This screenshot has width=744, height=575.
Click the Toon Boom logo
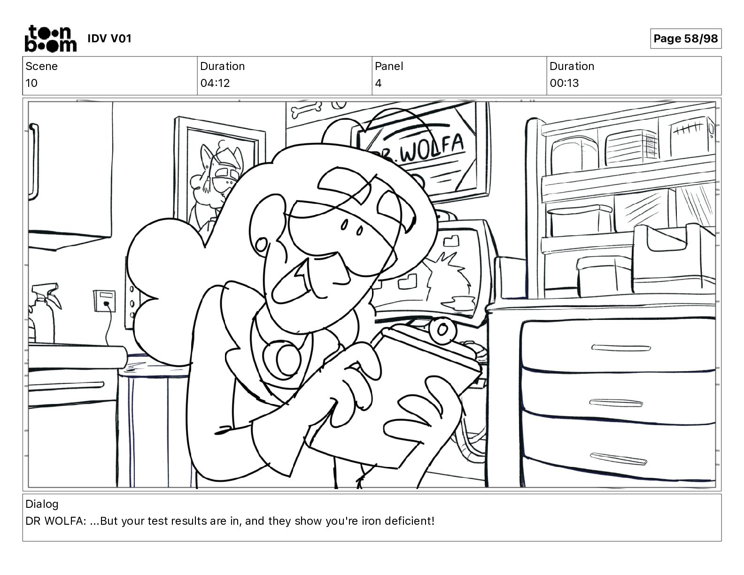[51, 39]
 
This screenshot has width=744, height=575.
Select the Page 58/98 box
[685, 39]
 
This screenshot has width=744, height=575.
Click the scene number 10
[31, 83]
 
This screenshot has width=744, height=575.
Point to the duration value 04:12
[215, 83]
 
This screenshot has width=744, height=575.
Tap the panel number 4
[378, 83]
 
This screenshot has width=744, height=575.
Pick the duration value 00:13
[564, 83]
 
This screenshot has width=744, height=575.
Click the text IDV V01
[109, 39]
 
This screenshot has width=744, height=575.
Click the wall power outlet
[104, 301]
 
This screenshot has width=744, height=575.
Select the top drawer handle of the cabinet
[621, 348]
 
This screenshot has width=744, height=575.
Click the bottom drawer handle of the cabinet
[618, 458]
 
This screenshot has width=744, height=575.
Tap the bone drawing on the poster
[306, 109]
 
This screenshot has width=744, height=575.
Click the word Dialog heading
[42, 504]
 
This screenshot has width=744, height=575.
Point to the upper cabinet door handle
[34, 162]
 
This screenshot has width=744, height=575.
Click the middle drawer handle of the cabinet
[616, 403]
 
